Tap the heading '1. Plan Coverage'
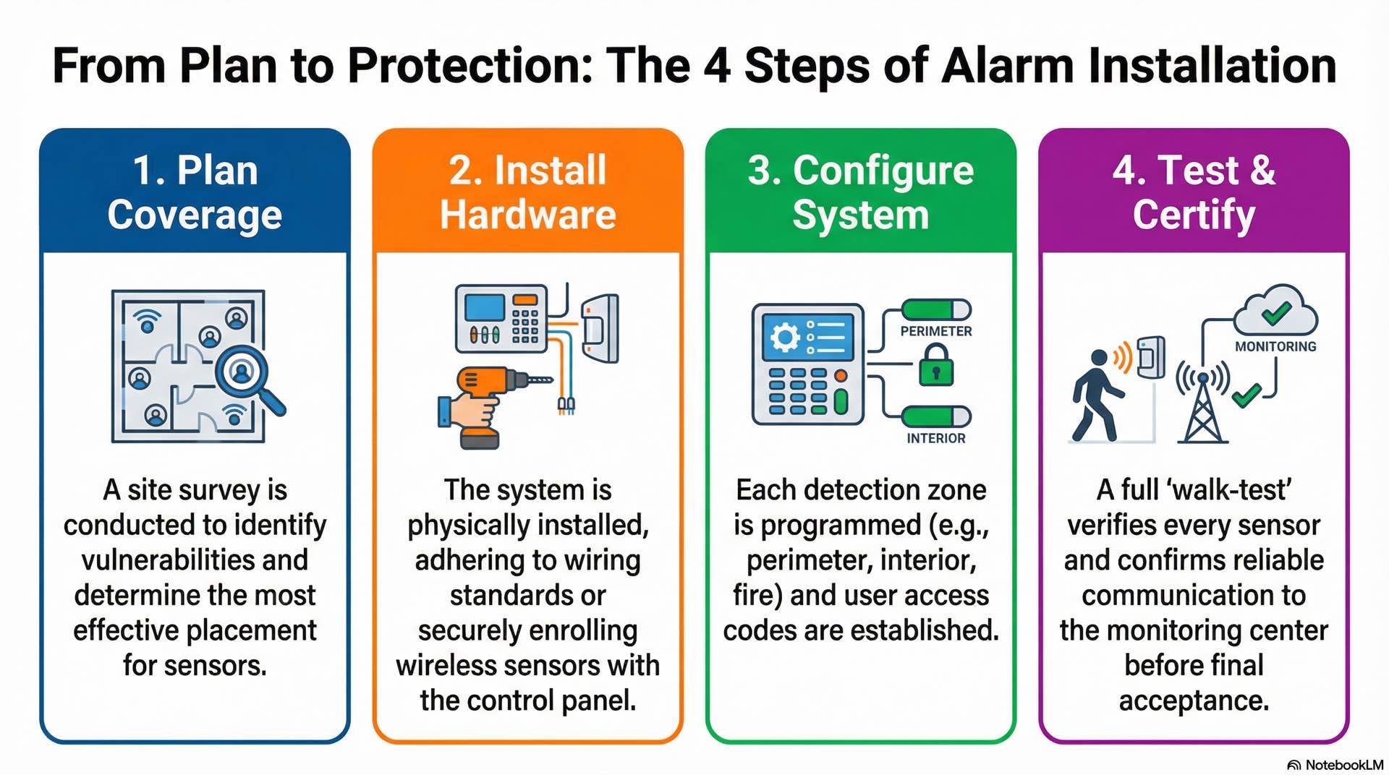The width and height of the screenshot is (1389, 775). (195, 193)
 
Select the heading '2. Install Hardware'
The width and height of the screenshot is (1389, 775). (527, 193)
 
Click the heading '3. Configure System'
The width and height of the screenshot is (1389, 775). (860, 193)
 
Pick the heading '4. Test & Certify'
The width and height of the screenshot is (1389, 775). (1194, 193)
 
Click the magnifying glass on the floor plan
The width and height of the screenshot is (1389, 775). (246, 376)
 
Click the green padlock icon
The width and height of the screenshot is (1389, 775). (936, 365)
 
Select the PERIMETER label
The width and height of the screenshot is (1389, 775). (936, 331)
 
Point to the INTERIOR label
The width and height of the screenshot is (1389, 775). (936, 438)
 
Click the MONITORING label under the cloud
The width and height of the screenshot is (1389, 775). (1275, 347)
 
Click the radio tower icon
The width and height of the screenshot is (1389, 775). (1202, 405)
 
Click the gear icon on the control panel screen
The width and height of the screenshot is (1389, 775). (785, 338)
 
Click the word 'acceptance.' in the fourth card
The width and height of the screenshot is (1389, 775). (1194, 701)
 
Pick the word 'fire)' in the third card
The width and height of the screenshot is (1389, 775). (757, 596)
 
